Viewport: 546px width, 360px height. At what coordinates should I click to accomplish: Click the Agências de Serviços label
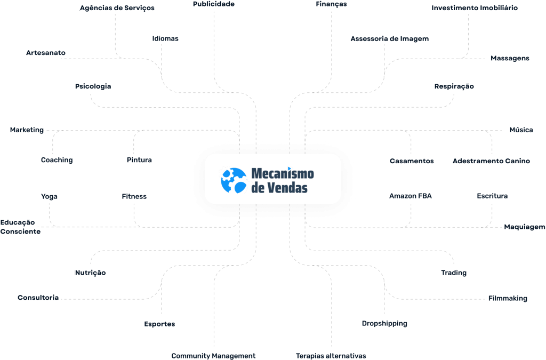pos(117,8)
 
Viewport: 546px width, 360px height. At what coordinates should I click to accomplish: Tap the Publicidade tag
pos(214,4)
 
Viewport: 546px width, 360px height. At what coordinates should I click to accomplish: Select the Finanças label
pos(331,4)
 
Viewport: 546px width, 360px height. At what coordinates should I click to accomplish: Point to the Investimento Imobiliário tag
pos(475,8)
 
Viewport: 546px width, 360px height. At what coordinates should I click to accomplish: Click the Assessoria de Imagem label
pos(390,39)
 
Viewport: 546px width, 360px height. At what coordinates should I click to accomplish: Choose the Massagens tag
pos(510,58)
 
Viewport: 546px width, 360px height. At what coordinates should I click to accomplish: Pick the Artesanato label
pos(49,53)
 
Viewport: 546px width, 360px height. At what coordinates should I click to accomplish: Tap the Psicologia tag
pos(93,86)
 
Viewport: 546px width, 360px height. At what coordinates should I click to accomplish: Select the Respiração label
pos(454,86)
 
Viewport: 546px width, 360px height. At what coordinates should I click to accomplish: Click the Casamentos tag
pos(412,161)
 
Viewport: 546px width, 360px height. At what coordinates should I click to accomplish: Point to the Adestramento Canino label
pos(491,161)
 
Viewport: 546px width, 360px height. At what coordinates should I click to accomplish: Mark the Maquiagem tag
pos(525,227)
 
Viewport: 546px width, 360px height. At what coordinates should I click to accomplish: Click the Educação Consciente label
pos(20,227)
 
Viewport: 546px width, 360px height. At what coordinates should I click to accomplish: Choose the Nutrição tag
pos(90,273)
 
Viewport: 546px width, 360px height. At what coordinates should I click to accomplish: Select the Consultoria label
pos(38,298)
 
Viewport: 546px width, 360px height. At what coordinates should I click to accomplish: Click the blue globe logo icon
pos(234,180)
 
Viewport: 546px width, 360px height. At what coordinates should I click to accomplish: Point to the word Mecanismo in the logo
pos(282,174)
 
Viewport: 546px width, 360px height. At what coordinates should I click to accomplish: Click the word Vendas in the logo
pos(287,188)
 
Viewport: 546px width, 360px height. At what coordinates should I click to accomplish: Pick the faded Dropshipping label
pos(384,324)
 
